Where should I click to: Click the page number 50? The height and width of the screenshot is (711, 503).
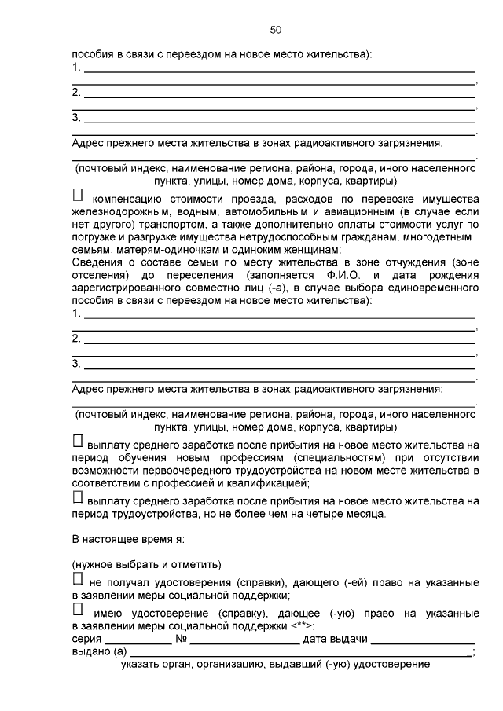(275, 30)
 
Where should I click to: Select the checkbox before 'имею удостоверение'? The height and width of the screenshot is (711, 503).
(78, 609)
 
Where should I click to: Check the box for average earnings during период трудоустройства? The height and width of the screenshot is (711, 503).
(78, 497)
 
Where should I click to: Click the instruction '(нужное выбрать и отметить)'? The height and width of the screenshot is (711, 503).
(146, 565)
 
